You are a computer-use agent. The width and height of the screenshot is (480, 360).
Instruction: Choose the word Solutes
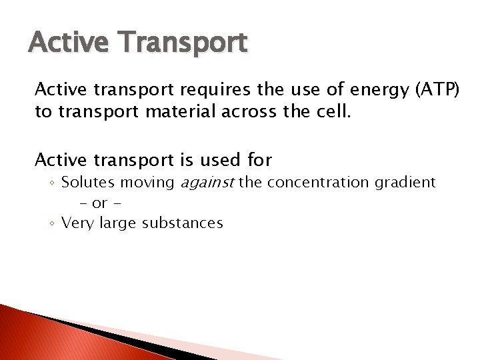point(89,182)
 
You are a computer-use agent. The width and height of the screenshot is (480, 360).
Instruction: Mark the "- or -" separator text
point(100,203)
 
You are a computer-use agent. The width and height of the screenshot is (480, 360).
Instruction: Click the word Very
point(77,223)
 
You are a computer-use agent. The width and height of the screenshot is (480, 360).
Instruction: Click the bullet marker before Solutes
point(53,183)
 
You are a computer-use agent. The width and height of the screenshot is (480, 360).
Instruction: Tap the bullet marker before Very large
point(53,223)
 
